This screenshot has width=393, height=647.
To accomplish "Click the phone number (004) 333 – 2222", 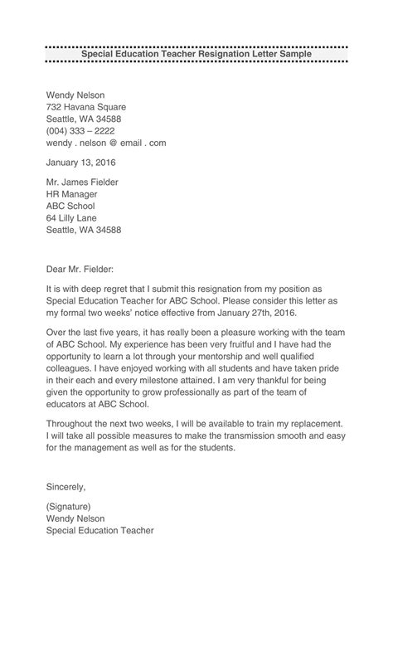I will pos(80,130).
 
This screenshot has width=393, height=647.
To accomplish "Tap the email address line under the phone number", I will pos(106,143).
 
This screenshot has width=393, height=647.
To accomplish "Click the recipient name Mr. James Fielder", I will pos(82,182).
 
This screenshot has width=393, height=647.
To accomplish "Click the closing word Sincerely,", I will pos(66,486).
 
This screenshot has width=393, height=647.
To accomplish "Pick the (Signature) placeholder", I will pos(69,506).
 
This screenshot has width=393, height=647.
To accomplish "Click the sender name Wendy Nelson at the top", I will pos(75,95).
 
